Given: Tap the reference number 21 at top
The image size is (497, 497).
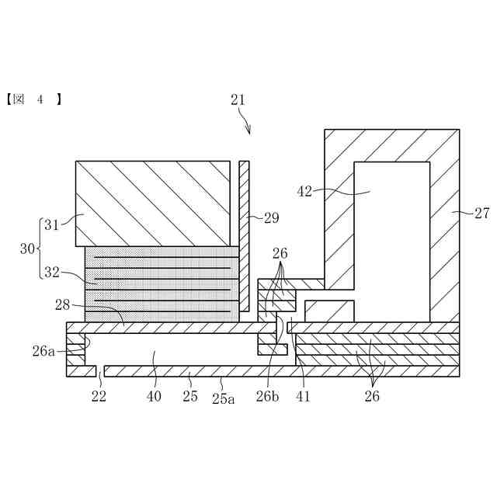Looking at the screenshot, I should tap(238, 99).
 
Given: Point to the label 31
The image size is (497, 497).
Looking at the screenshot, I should tap(52, 225).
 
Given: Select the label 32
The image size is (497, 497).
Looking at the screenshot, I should tap(52, 272).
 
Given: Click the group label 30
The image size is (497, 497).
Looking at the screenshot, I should tap(27, 248).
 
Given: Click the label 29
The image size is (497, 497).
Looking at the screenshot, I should tap(271, 218).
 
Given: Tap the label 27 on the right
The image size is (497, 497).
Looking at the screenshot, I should tap(482, 214).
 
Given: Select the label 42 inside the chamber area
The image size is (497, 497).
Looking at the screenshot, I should tap(304, 191).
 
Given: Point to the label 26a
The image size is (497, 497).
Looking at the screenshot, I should tap(43, 350).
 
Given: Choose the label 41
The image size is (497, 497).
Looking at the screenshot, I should tap(302, 397).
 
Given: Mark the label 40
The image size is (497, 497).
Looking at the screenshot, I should tap(154, 397).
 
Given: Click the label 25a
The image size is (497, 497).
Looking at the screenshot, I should tap(223, 398).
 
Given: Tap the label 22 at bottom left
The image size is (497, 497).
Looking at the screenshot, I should tap(99, 397).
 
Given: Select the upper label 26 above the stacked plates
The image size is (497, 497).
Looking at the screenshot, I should tap(280, 253).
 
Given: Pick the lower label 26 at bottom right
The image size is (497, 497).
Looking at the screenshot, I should tap(372, 397).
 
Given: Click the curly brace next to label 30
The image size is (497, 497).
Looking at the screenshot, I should tap(40, 248).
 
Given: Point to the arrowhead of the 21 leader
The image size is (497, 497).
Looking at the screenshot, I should tap(249, 132).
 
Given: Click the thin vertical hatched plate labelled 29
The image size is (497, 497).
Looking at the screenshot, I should tap(244, 241).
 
